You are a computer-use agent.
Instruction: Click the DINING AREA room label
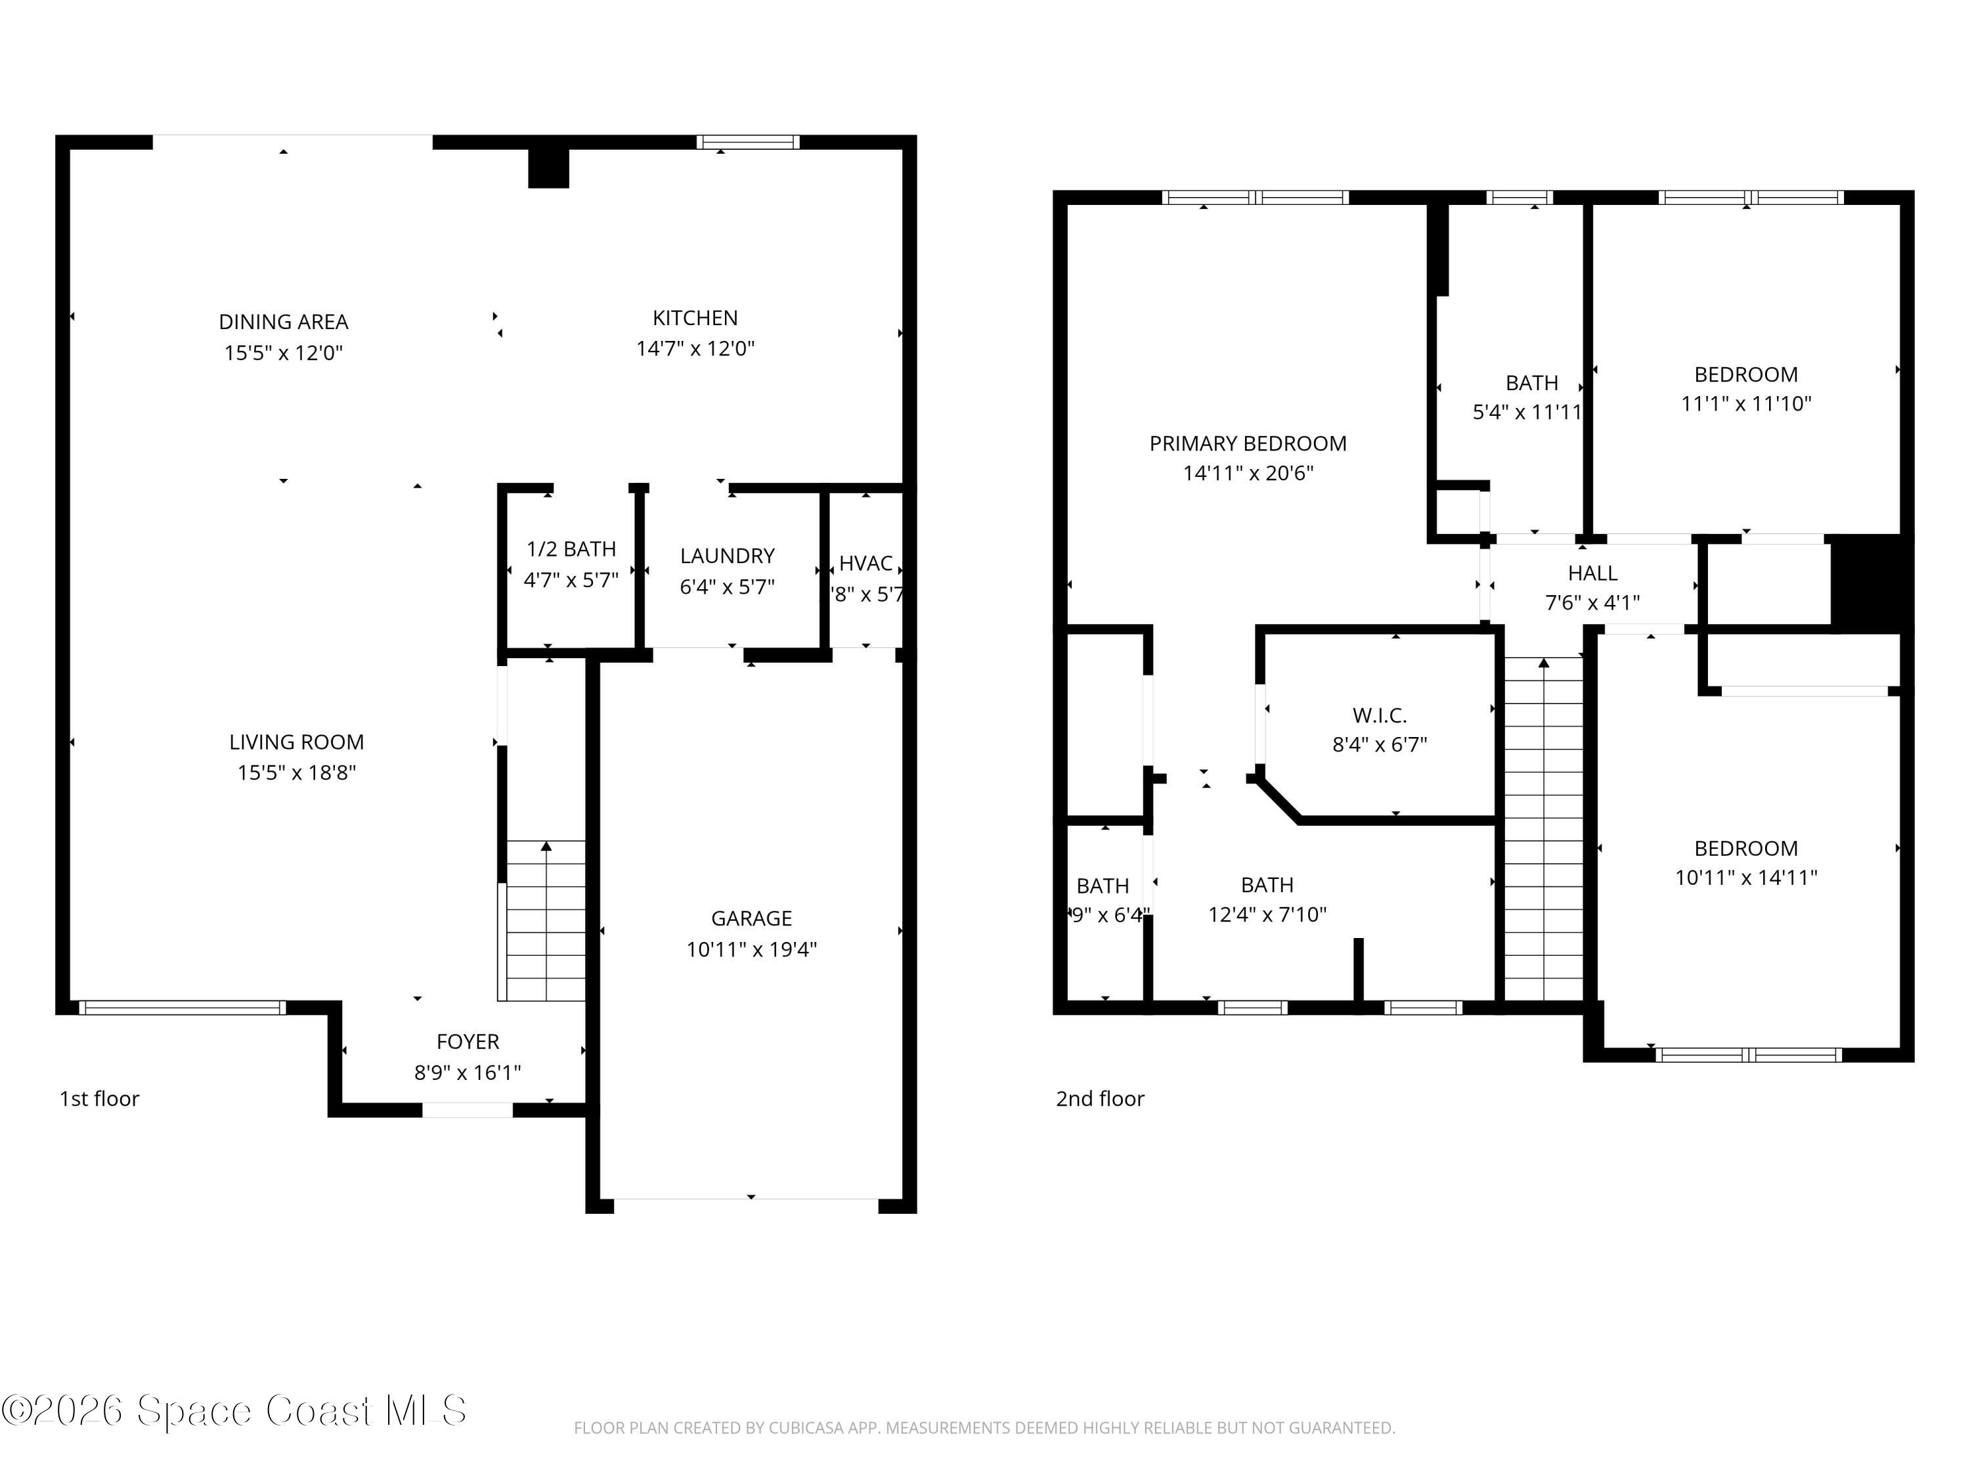tap(283, 322)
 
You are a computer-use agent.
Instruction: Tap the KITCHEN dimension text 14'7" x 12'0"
tap(695, 348)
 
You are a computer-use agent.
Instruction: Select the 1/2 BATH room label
tap(571, 549)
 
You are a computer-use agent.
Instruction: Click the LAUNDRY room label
tap(727, 556)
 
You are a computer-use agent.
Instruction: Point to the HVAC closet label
tap(865, 563)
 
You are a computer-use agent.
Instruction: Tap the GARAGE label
tap(751, 918)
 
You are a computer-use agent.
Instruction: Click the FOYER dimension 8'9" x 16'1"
tap(467, 1073)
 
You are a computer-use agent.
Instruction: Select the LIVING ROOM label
tap(297, 742)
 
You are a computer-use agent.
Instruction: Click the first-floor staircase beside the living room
tap(545, 922)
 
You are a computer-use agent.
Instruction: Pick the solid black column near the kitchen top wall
tap(548, 168)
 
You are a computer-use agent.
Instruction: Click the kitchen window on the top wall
tap(747, 143)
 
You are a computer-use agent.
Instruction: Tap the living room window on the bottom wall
tap(183, 1008)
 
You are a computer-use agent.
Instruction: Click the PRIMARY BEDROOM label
tap(1247, 443)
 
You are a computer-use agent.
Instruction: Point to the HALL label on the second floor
tap(1592, 573)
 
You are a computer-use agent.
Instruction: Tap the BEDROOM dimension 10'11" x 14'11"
tap(1745, 878)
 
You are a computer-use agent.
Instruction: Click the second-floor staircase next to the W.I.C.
tap(1543, 828)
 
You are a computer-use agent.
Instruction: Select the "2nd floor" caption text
tap(1099, 1098)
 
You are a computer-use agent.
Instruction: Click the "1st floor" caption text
tap(99, 1098)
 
